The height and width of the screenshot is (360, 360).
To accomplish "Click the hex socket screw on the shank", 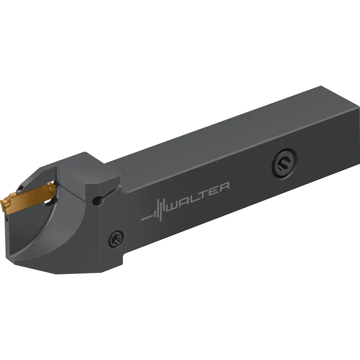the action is coord(284,163).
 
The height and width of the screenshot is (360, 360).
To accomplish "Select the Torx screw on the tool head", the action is coord(116,239).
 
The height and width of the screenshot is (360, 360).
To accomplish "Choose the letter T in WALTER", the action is coord(206,192).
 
